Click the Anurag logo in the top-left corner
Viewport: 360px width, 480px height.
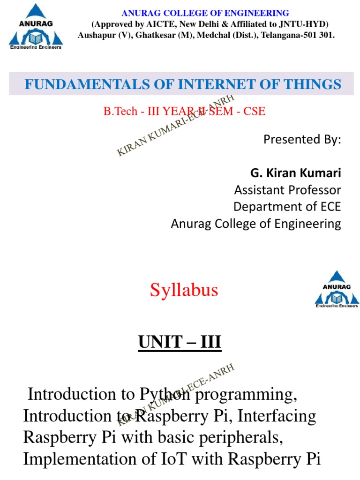[35, 27]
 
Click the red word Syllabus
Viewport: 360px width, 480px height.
[184, 291]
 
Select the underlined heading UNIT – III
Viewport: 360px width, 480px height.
[180, 343]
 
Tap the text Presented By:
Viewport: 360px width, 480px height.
[302, 139]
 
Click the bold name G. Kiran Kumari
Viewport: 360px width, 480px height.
[295, 173]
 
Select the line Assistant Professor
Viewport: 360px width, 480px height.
[287, 190]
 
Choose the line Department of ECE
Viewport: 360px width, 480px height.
[287, 207]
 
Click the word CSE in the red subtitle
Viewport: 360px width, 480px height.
[254, 112]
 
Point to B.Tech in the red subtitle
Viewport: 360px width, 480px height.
[120, 112]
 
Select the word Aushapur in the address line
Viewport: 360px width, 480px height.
[96, 35]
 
